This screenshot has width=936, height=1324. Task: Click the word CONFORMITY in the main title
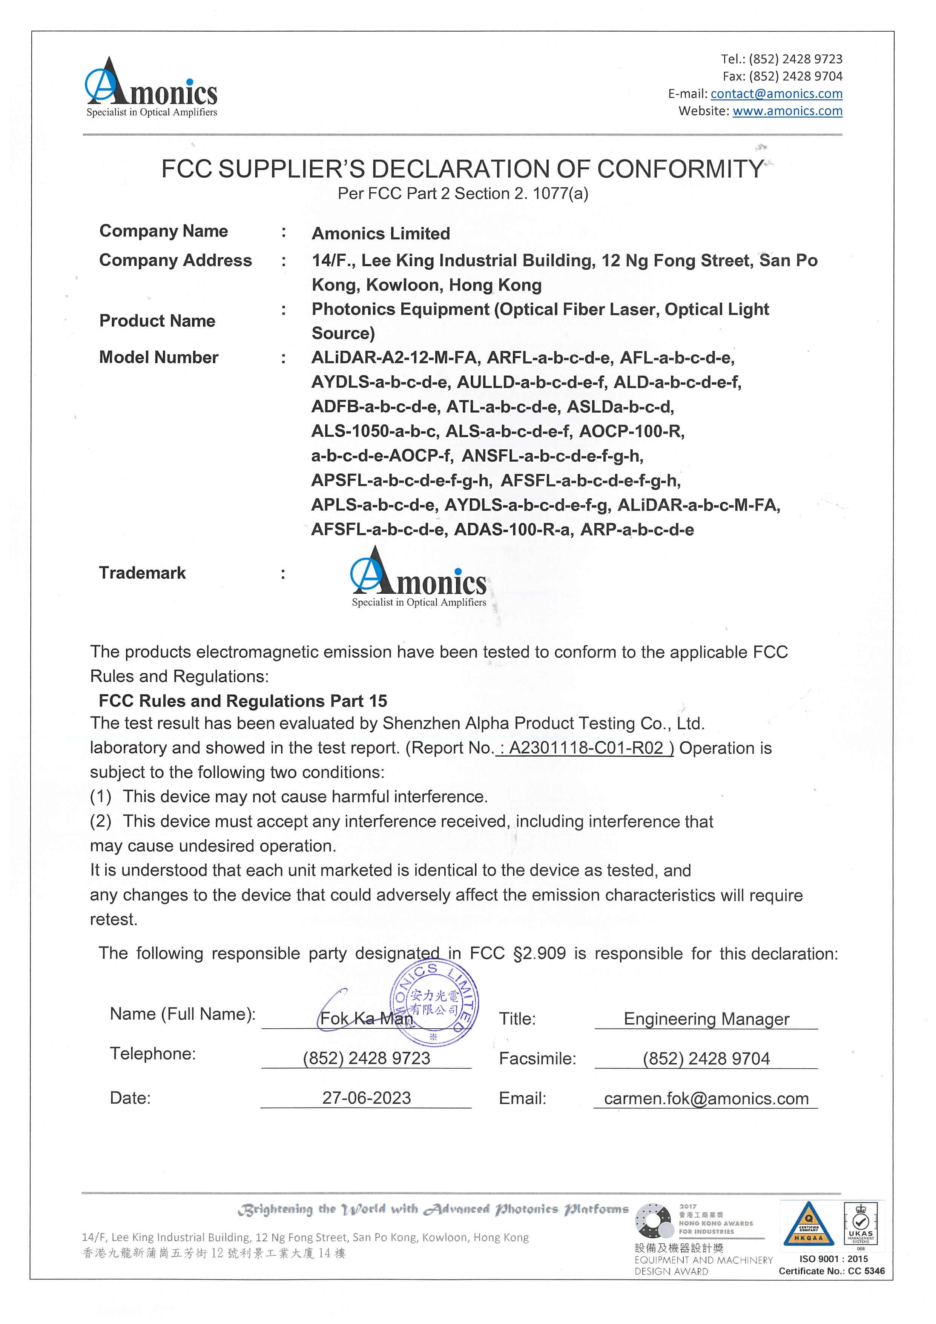point(680,169)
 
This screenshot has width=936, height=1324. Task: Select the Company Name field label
point(164,231)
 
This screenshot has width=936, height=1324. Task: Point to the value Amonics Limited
point(381,233)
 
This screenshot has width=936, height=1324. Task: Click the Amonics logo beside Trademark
point(419,578)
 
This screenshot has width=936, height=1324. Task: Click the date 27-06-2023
point(367,1098)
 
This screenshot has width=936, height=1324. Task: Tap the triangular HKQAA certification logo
point(808,1225)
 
